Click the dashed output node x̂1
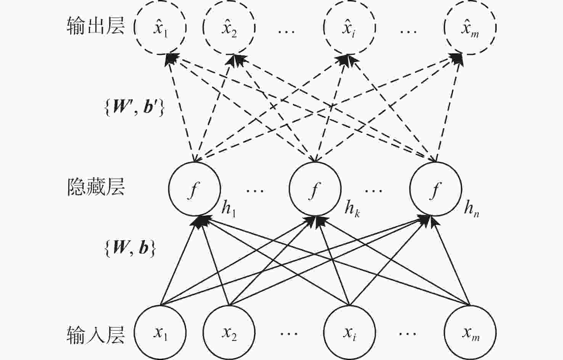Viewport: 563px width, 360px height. click(x=161, y=28)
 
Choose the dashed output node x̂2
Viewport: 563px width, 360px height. click(x=229, y=28)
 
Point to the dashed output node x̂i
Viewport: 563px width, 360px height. click(x=349, y=28)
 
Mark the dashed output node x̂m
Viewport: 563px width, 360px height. click(x=470, y=28)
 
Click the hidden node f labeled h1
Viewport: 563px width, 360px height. click(x=195, y=189)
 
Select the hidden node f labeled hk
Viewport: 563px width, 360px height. click(x=315, y=189)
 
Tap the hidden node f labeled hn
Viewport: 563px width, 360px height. click(x=436, y=189)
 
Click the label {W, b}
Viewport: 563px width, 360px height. click(x=130, y=248)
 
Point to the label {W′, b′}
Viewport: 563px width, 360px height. click(x=134, y=108)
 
